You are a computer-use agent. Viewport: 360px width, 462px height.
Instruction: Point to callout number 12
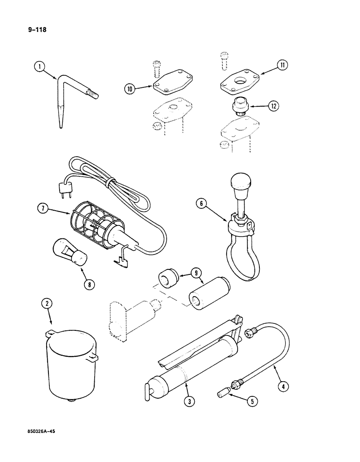point(274,106)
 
